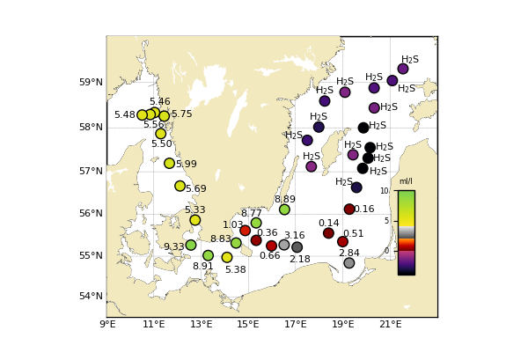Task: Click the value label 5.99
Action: point(186,165)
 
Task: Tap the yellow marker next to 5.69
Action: point(180,186)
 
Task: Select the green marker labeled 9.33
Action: point(191,246)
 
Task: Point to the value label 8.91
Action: point(202,267)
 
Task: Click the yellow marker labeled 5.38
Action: point(227,258)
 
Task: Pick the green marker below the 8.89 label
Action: point(284,209)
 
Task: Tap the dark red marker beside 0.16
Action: point(349,209)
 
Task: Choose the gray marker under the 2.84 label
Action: point(348,263)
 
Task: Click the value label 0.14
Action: point(328,224)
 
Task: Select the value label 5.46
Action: point(159,102)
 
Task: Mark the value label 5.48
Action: point(124,115)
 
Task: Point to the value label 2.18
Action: point(299,260)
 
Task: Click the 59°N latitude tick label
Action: point(92,83)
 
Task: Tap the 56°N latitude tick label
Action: point(92,214)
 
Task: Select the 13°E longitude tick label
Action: point(202,325)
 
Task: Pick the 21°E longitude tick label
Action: point(391,325)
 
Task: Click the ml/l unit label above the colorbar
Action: point(406,181)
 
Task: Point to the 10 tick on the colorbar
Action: point(384,191)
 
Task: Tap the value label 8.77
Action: point(251,214)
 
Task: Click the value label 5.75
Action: point(181,114)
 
